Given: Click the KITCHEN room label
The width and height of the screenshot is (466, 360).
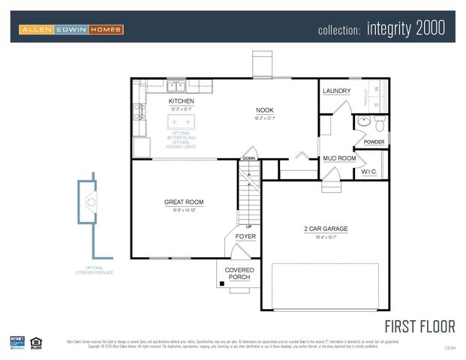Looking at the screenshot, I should pyautogui.click(x=181, y=101).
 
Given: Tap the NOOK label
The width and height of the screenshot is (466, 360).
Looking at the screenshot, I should pyautogui.click(x=265, y=109).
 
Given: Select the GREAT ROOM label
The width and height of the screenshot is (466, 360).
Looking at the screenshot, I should pyautogui.click(x=184, y=202).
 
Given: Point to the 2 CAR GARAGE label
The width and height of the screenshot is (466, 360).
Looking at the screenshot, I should pyautogui.click(x=326, y=229).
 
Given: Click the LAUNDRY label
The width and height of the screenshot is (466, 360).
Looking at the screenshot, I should pyautogui.click(x=336, y=91).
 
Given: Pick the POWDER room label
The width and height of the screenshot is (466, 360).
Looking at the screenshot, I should pyautogui.click(x=374, y=142).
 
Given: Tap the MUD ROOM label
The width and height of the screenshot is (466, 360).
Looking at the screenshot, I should pyautogui.click(x=338, y=159).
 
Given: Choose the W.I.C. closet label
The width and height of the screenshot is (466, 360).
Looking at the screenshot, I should pyautogui.click(x=369, y=172).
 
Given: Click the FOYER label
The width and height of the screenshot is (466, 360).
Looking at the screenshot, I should pyautogui.click(x=245, y=236).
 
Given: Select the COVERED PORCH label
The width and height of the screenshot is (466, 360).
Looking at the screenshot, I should pyautogui.click(x=239, y=274).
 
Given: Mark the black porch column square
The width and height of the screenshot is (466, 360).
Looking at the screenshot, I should pyautogui.click(x=221, y=283).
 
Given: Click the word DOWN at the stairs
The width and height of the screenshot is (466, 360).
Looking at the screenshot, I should pyautogui.click(x=248, y=159).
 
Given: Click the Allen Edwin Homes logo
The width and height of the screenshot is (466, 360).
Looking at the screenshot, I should pyautogui.click(x=71, y=29).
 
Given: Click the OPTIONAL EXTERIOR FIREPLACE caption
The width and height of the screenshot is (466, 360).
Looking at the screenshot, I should pyautogui.click(x=94, y=270).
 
